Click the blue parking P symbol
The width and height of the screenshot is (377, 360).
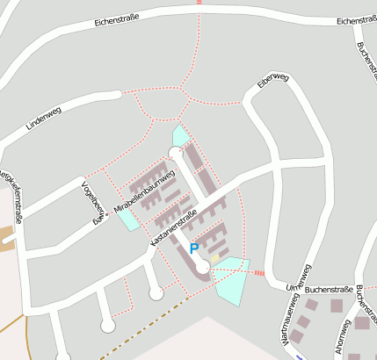click(x=194, y=249)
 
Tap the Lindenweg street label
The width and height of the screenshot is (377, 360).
click(x=46, y=119)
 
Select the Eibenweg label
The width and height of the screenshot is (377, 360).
click(x=273, y=82)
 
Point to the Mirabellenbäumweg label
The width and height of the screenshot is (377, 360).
click(x=145, y=191)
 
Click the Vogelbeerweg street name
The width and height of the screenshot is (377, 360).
click(x=90, y=202)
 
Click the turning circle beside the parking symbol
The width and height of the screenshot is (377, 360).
click(x=203, y=265)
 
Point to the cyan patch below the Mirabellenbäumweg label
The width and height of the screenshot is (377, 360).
click(x=128, y=219)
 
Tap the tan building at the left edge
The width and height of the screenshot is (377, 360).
click(x=7, y=237)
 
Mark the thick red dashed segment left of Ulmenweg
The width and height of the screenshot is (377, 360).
click(x=258, y=273)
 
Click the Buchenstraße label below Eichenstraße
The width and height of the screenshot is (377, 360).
click(x=365, y=61)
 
